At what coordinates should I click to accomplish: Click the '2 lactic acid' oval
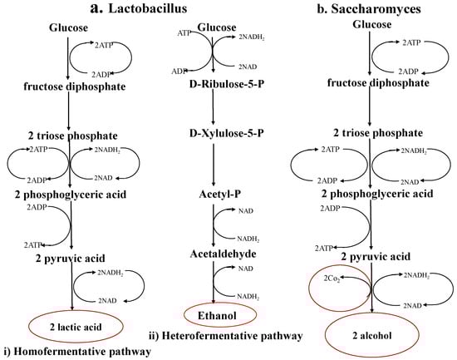pyautogui.click(x=73, y=327)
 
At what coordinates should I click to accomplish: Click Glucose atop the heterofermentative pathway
pyautogui.click(x=214, y=27)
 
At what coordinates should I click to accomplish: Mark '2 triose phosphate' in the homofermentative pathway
pyautogui.click(x=72, y=136)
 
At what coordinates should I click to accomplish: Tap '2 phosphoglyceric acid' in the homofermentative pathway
pyautogui.click(x=72, y=194)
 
